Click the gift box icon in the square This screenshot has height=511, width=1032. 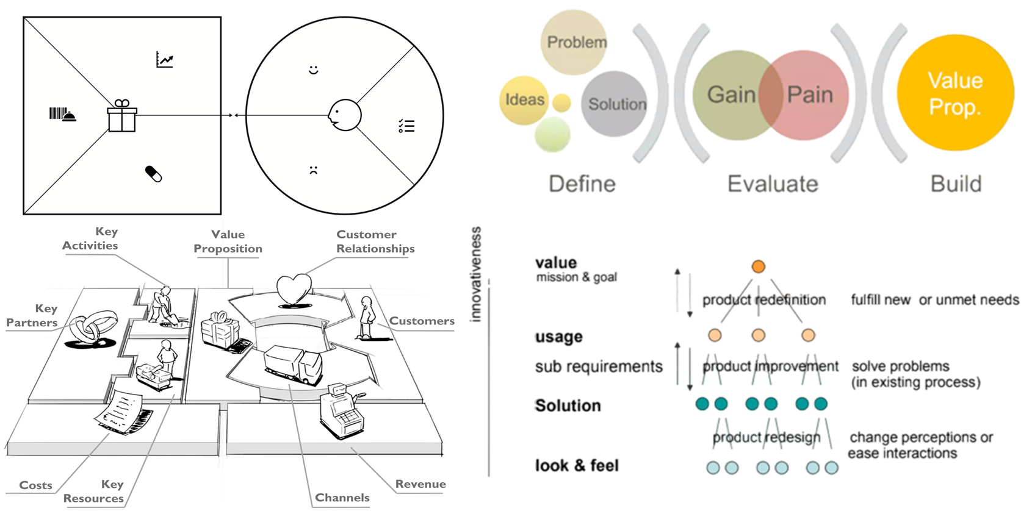tap(122, 116)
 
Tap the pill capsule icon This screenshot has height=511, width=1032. tap(153, 174)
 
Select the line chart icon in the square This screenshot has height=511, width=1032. tap(165, 60)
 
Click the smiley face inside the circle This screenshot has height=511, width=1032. tap(314, 70)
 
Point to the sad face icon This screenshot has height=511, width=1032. tap(314, 170)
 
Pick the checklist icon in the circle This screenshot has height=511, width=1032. tap(406, 126)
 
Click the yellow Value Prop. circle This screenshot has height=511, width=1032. tap(955, 93)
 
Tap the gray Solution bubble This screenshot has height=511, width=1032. tap(615, 104)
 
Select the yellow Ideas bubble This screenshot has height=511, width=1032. tap(524, 99)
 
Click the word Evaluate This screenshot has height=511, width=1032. tap(773, 184)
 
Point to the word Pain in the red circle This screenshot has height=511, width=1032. tap(810, 95)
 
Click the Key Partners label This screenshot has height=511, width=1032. tap(32, 316)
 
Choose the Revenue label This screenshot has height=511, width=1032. tap(420, 484)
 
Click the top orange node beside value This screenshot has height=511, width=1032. tap(758, 266)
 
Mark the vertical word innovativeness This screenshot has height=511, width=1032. tap(476, 274)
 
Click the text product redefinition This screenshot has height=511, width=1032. tap(763, 300)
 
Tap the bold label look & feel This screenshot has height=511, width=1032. tap(577, 466)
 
